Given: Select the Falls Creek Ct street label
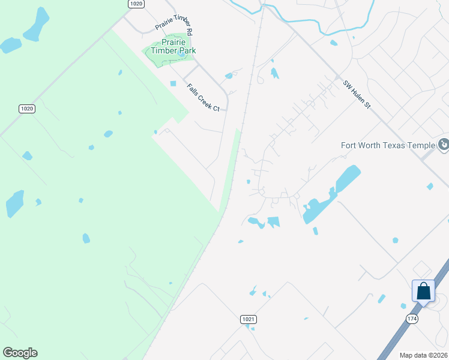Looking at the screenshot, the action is click(203, 98).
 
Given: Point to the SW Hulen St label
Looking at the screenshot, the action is click(358, 95).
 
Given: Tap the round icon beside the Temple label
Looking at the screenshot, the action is click(444, 145).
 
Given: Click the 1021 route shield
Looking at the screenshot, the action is click(249, 320).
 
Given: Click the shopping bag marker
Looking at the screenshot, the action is click(423, 291).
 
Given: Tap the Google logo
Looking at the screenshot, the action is click(20, 352).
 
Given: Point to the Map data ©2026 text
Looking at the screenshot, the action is click(423, 355).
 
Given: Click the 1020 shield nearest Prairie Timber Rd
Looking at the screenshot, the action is click(136, 4).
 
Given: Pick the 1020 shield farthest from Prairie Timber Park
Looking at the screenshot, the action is click(26, 109).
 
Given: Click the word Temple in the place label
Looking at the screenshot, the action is click(421, 145).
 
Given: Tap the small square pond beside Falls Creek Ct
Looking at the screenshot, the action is click(173, 83).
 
